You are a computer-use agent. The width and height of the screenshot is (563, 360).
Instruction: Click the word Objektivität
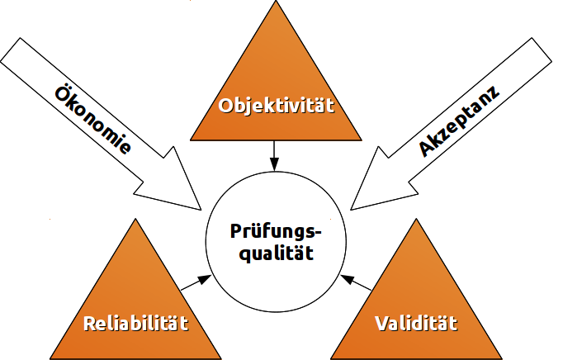[x=276, y=106]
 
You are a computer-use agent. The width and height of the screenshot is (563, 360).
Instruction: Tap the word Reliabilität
[x=137, y=322]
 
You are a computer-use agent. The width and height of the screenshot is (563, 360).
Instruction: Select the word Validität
[x=415, y=322]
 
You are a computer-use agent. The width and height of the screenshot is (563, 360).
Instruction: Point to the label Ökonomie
[x=92, y=118]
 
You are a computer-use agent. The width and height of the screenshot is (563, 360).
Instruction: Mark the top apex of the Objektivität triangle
[x=276, y=3]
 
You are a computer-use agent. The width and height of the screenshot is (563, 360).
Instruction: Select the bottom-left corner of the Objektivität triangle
[x=191, y=140]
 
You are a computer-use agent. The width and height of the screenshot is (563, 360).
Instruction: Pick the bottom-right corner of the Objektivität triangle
[x=362, y=140]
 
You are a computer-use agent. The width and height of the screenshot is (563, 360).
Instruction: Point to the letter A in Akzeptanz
[x=428, y=149]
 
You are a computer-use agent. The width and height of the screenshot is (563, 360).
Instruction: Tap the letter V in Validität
[x=381, y=322]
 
